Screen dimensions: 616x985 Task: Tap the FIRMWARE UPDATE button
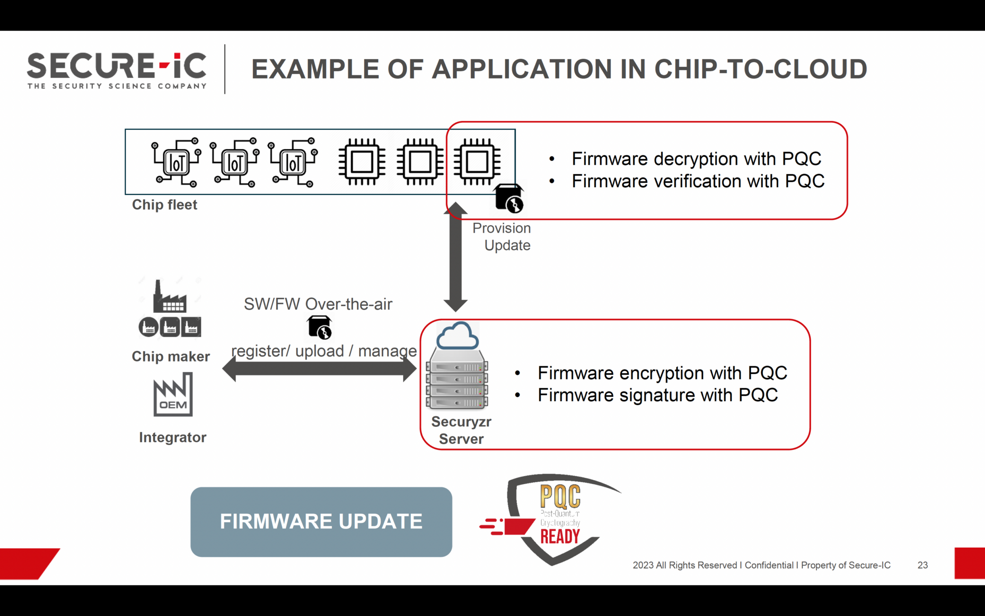pos(321,522)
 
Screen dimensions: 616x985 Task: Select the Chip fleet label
pos(164,205)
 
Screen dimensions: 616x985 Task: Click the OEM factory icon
pos(173,395)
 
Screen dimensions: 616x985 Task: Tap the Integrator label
pos(173,437)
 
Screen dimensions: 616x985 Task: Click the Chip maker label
pos(171,357)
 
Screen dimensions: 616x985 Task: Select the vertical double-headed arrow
pos(455,257)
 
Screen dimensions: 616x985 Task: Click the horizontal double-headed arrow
pos(319,370)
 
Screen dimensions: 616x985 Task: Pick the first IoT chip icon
pos(176,162)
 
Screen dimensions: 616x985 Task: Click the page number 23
pos(922,565)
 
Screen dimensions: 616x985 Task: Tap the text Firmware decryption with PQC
pos(696,159)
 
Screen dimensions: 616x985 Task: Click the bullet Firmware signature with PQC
pos(657,395)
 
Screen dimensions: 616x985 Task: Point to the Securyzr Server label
pos(461,430)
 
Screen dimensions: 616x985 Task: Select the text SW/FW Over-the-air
pos(318,304)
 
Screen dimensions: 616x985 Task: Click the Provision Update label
pos(502,237)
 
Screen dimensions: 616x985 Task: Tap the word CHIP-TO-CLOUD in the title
pos(760,69)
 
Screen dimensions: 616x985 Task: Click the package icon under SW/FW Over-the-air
pos(319,327)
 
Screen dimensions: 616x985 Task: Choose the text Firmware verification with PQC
pos(698,181)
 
